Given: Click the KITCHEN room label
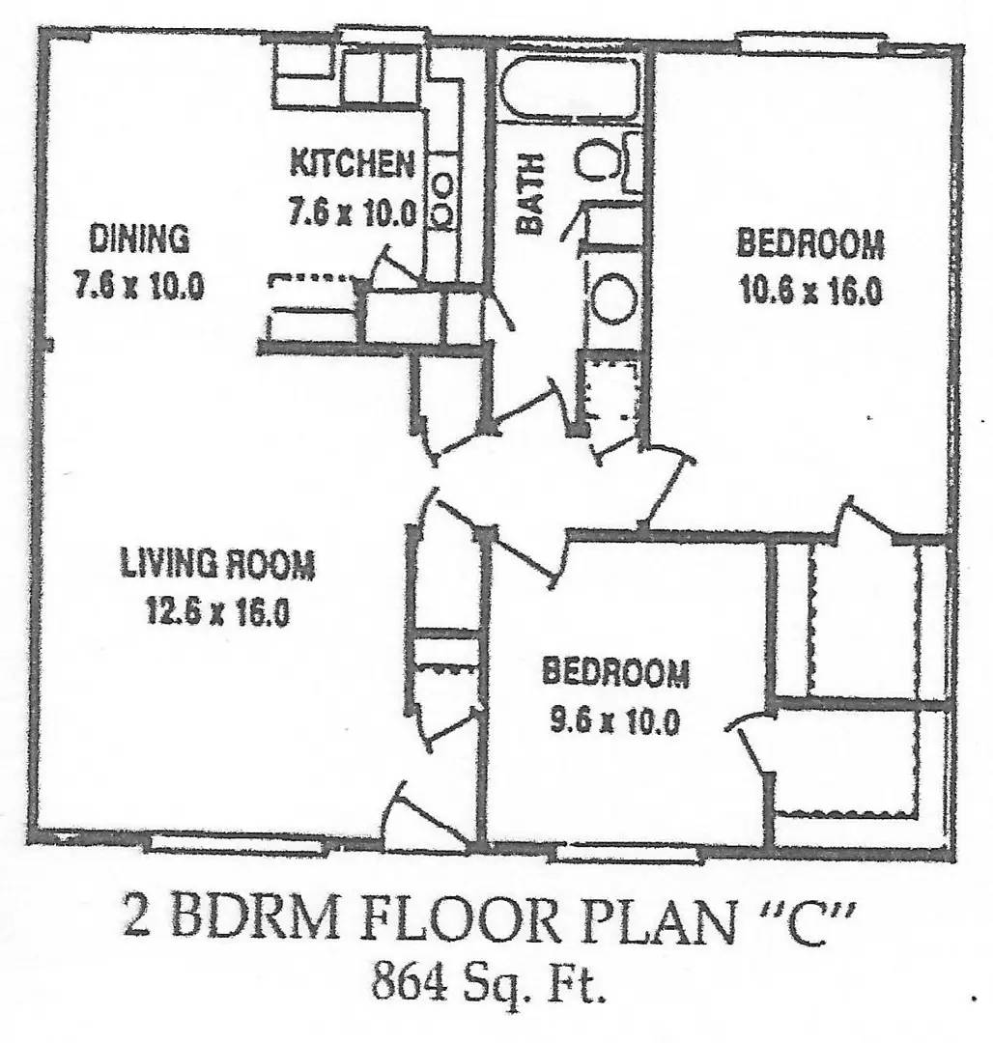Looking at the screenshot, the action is click(352, 163).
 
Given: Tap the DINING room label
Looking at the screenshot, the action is click(139, 239).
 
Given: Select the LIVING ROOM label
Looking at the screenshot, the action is click(216, 563).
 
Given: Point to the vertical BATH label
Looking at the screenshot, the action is click(530, 194).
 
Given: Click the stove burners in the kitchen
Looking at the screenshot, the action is click(442, 200).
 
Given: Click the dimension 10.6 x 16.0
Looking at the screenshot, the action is click(810, 291).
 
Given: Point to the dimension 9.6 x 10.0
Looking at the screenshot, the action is click(614, 719).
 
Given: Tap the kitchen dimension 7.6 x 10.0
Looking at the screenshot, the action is click(352, 212).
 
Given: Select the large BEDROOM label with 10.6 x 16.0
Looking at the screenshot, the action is click(810, 243).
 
